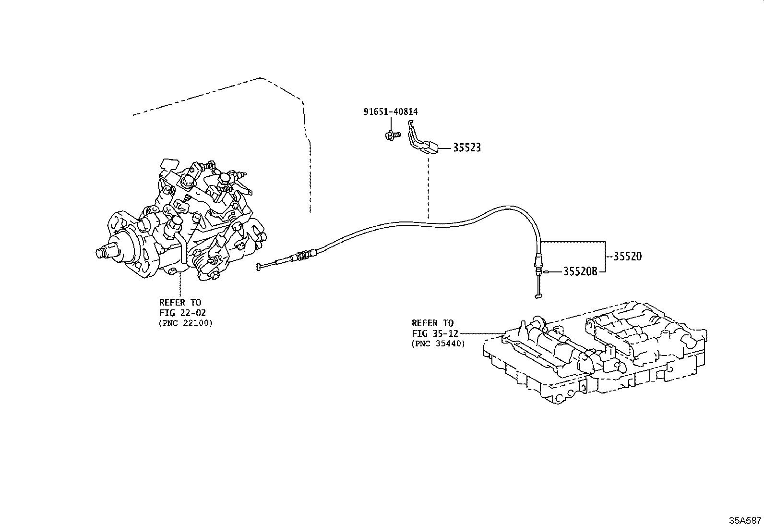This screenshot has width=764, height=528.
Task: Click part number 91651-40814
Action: tap(390, 112)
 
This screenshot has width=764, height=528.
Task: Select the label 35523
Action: tap(467, 148)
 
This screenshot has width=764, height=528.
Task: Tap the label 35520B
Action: tap(580, 272)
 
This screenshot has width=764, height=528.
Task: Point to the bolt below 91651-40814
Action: tap(390, 135)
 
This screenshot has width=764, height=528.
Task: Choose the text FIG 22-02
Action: tap(182, 312)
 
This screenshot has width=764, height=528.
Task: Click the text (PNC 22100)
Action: tap(185, 323)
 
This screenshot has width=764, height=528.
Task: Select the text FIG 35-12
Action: tap(435, 333)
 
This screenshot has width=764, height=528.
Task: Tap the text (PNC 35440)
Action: tap(438, 344)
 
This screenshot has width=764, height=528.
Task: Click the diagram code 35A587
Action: tap(745, 520)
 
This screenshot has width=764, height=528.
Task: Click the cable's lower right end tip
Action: tap(538, 296)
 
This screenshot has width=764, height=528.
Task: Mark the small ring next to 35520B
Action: tap(546, 272)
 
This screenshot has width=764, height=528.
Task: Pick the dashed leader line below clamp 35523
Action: tap(427, 187)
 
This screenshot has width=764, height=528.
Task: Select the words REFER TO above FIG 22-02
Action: tap(180, 302)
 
